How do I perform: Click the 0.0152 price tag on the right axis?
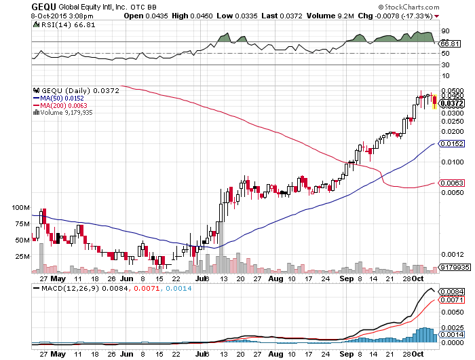(451, 144)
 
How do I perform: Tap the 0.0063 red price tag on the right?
(451, 183)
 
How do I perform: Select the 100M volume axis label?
(21, 207)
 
